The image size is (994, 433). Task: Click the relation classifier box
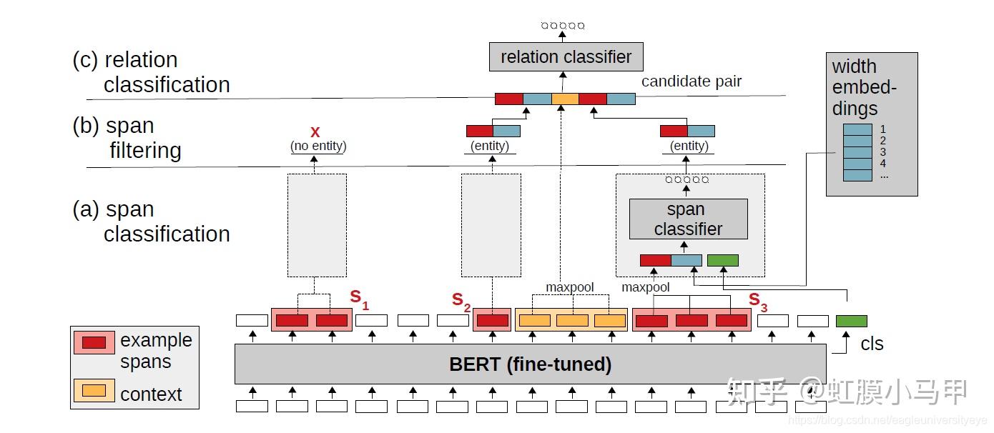566,56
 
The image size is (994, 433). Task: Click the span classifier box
688,219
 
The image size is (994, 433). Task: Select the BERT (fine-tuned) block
530,364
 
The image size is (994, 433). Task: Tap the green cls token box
851,322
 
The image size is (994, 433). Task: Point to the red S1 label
359,299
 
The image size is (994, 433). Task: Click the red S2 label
461,301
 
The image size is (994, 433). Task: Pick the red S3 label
758,302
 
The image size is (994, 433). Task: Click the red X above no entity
315,132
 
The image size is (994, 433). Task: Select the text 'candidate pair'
691,81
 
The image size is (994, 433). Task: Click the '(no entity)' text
318,146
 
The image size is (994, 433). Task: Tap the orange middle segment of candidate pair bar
565,99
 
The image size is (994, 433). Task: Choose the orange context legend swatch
94,390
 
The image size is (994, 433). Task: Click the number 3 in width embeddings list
883,152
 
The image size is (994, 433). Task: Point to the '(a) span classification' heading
151,222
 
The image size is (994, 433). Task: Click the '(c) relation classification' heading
151,72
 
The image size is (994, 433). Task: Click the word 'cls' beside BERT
872,344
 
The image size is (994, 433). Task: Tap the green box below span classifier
722,260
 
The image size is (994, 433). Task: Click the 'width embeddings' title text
864,87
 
